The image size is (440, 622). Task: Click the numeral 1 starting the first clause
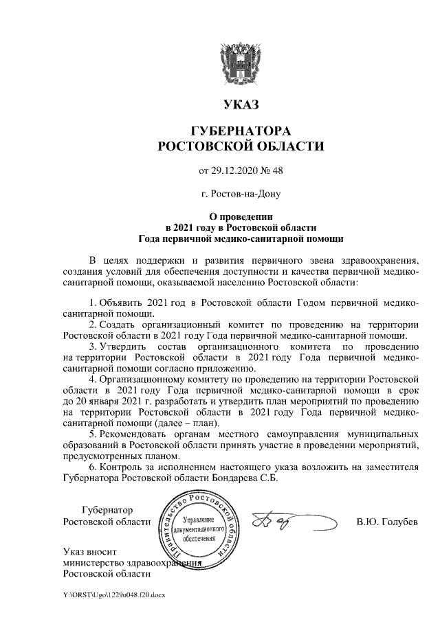[x=93, y=302]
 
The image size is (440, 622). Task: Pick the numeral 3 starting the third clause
[x=93, y=346]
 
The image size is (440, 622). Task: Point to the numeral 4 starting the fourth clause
[x=93, y=379]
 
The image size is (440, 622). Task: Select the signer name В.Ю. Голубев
[x=387, y=522]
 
